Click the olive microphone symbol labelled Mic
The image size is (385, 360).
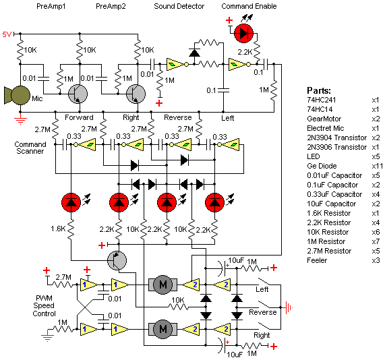tap(17, 95)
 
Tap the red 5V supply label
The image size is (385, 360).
tap(7, 34)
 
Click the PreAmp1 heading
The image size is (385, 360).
tap(51, 6)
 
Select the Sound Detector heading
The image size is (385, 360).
tap(179, 6)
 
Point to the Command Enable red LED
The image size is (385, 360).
tap(243, 34)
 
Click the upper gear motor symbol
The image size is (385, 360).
tap(162, 284)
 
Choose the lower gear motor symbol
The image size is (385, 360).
tap(162, 329)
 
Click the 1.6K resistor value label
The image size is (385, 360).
tap(58, 229)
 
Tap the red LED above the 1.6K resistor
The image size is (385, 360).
tap(71, 203)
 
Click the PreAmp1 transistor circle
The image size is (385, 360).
tap(78, 94)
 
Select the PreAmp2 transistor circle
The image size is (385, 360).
tap(136, 94)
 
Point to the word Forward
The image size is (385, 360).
tap(79, 117)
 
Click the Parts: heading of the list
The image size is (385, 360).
tap(319, 90)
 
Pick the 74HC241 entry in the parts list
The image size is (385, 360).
tap(322, 100)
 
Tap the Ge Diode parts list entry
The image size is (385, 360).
tap(322, 166)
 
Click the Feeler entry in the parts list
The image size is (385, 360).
tap(317, 260)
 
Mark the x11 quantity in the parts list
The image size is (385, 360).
tap(377, 166)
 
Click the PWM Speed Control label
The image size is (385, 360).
tap(45, 305)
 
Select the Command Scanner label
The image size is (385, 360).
tap(30, 148)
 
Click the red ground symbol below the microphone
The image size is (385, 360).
tap(20, 119)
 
